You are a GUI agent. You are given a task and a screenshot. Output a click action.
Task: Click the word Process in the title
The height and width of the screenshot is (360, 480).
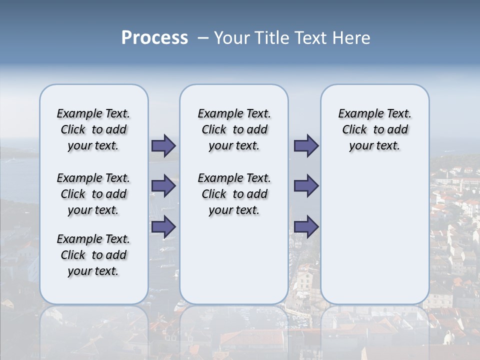154,38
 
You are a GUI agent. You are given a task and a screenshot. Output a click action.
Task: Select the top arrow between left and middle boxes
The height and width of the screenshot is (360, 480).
163,146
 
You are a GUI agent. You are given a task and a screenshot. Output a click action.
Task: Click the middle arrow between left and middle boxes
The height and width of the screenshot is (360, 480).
163,186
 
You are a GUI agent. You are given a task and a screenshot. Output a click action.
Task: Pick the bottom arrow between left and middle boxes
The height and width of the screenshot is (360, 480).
163,227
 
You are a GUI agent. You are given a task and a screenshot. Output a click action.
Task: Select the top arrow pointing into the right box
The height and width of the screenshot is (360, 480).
306,146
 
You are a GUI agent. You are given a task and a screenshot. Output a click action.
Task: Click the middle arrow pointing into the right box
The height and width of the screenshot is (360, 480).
306,186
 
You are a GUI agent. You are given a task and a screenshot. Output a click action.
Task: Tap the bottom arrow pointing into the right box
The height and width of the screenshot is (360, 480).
306,227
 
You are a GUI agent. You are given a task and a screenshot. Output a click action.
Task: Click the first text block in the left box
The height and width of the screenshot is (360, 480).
93,129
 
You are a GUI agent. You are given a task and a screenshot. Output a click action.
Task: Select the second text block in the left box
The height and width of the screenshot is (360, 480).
93,194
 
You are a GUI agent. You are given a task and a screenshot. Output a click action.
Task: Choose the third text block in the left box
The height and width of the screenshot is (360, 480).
93,255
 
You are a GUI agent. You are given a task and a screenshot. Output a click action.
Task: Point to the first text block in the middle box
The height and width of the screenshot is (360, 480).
234,129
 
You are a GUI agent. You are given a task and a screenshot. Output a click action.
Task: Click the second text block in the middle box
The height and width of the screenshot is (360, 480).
234,194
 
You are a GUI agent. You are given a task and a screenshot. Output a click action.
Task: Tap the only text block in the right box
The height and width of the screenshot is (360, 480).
374,129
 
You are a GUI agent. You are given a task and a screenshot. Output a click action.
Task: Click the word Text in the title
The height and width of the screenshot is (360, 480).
311,38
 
